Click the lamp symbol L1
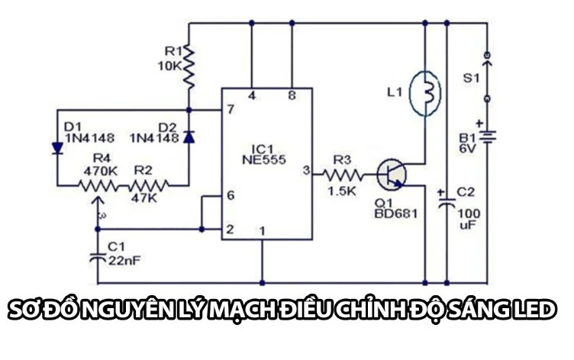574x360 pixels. [x=427, y=93]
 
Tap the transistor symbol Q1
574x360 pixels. [x=392, y=174]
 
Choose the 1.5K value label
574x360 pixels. [x=341, y=191]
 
